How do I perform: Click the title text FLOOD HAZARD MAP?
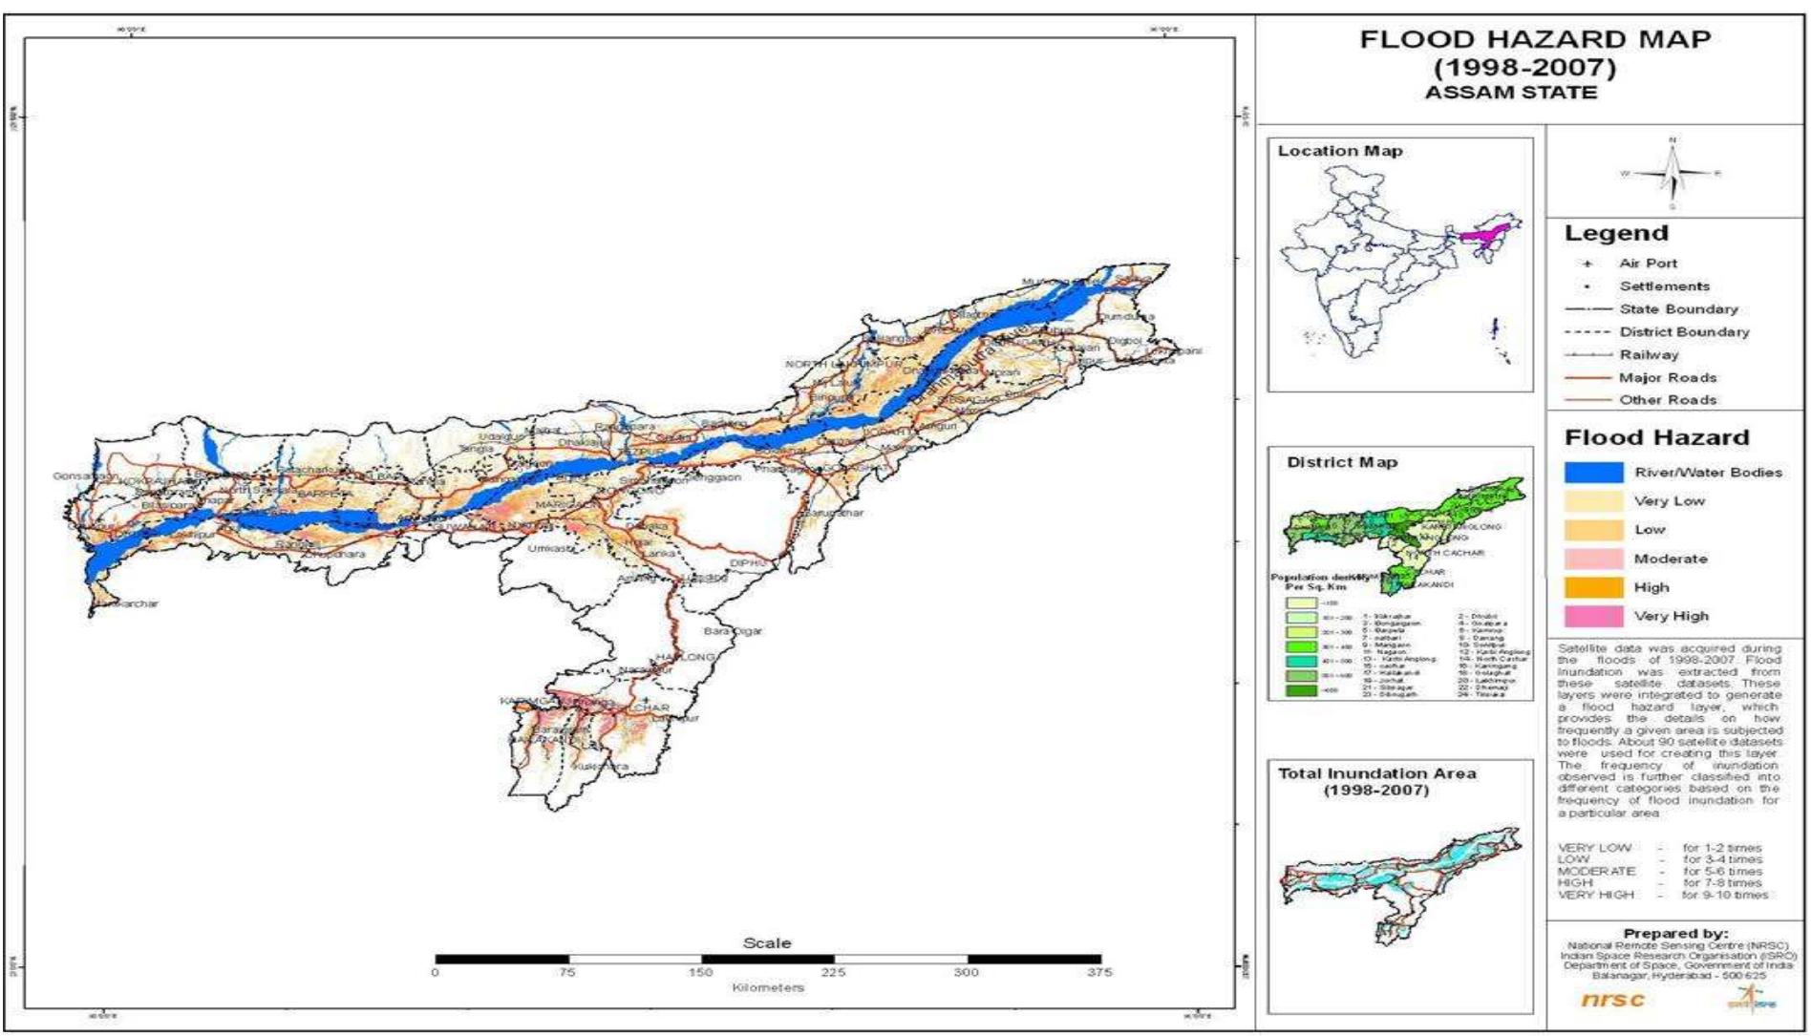coord(1535,40)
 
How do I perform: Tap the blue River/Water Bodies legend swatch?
coord(1593,473)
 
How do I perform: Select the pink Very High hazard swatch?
coord(1593,616)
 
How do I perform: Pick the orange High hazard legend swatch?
coord(1593,587)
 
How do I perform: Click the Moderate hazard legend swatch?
coord(1593,559)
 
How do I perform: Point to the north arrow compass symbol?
coord(1672,174)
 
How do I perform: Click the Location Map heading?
coord(1340,151)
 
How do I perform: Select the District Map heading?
coord(1342,462)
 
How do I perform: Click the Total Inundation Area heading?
coord(1376,774)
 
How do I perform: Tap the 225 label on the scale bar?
coord(833,972)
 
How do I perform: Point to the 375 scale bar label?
coord(1099,972)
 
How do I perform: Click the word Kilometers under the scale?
coord(768,987)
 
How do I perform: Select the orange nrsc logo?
coord(1613,1000)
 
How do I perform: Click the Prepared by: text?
coord(1674,933)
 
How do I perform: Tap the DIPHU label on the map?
coord(748,563)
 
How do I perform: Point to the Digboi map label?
coord(1125,341)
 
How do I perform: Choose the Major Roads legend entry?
coord(1668,378)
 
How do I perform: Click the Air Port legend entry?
coord(1648,264)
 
